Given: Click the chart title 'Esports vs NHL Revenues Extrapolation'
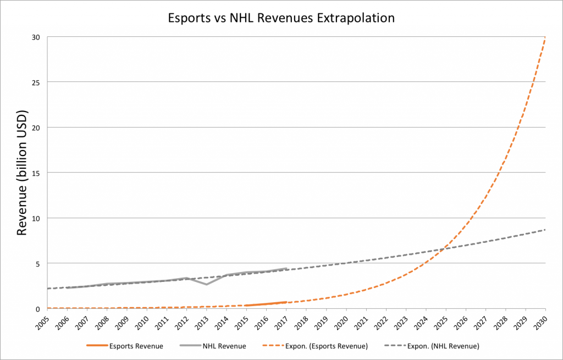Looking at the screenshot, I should [x=281, y=18].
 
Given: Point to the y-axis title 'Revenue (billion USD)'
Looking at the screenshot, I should [x=22, y=173].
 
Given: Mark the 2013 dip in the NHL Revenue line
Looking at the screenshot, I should [x=206, y=284].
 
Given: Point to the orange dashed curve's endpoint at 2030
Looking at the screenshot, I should [x=545, y=38].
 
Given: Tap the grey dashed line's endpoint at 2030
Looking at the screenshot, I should [x=545, y=230].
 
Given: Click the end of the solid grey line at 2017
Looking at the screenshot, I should [x=286, y=268].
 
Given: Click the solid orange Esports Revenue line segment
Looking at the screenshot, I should [x=266, y=304].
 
